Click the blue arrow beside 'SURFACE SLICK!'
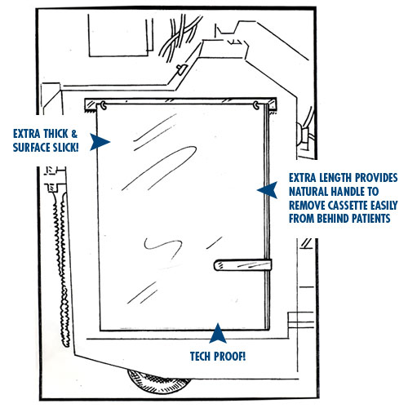[x=100, y=142]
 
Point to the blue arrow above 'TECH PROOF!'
[x=218, y=334]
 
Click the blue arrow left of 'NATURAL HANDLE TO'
[x=268, y=190]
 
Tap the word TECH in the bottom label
[x=201, y=357]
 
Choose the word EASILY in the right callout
[x=384, y=205]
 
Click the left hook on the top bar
[x=104, y=105]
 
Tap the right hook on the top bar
[x=256, y=105]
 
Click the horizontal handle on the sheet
[x=242, y=265]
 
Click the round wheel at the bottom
[x=159, y=382]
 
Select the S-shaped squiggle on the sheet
[x=162, y=248]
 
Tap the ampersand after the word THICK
[x=74, y=134]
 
